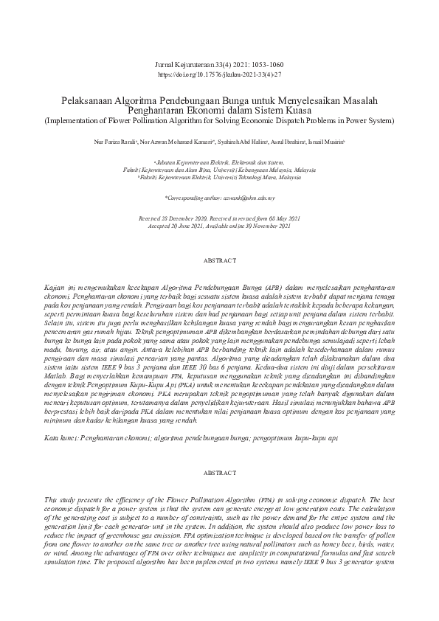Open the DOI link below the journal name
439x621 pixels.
click(220, 75)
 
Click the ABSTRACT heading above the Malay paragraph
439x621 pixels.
click(219, 260)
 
